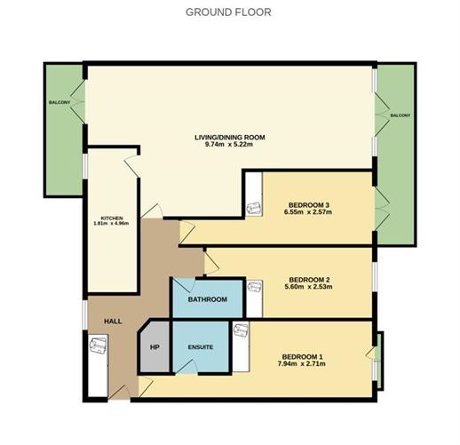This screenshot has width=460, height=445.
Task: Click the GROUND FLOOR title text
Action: click(x=228, y=12)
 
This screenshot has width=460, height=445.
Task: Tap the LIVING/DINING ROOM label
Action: click(x=230, y=137)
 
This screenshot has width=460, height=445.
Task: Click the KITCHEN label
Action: click(x=111, y=218)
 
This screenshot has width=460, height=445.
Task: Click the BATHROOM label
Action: click(x=207, y=299)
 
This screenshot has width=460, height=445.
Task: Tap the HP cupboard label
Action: click(x=154, y=346)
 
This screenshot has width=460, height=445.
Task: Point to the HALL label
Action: click(x=113, y=321)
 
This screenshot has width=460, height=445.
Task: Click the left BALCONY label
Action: click(x=59, y=102)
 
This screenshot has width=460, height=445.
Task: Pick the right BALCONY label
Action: click(x=399, y=115)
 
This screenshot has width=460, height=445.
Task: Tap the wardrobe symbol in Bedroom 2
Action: click(x=256, y=287)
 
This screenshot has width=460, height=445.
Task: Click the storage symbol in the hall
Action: click(x=97, y=341)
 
